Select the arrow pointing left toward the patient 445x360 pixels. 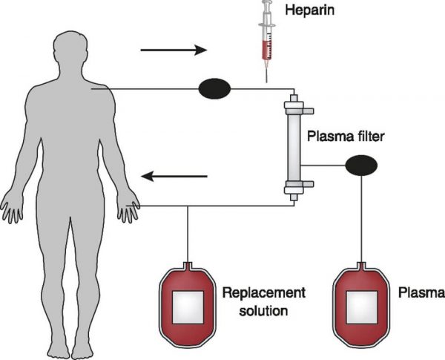175,177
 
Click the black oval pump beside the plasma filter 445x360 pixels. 360,165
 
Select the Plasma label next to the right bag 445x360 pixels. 420,293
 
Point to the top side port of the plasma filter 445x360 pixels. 306,111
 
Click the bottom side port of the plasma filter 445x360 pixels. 306,184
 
